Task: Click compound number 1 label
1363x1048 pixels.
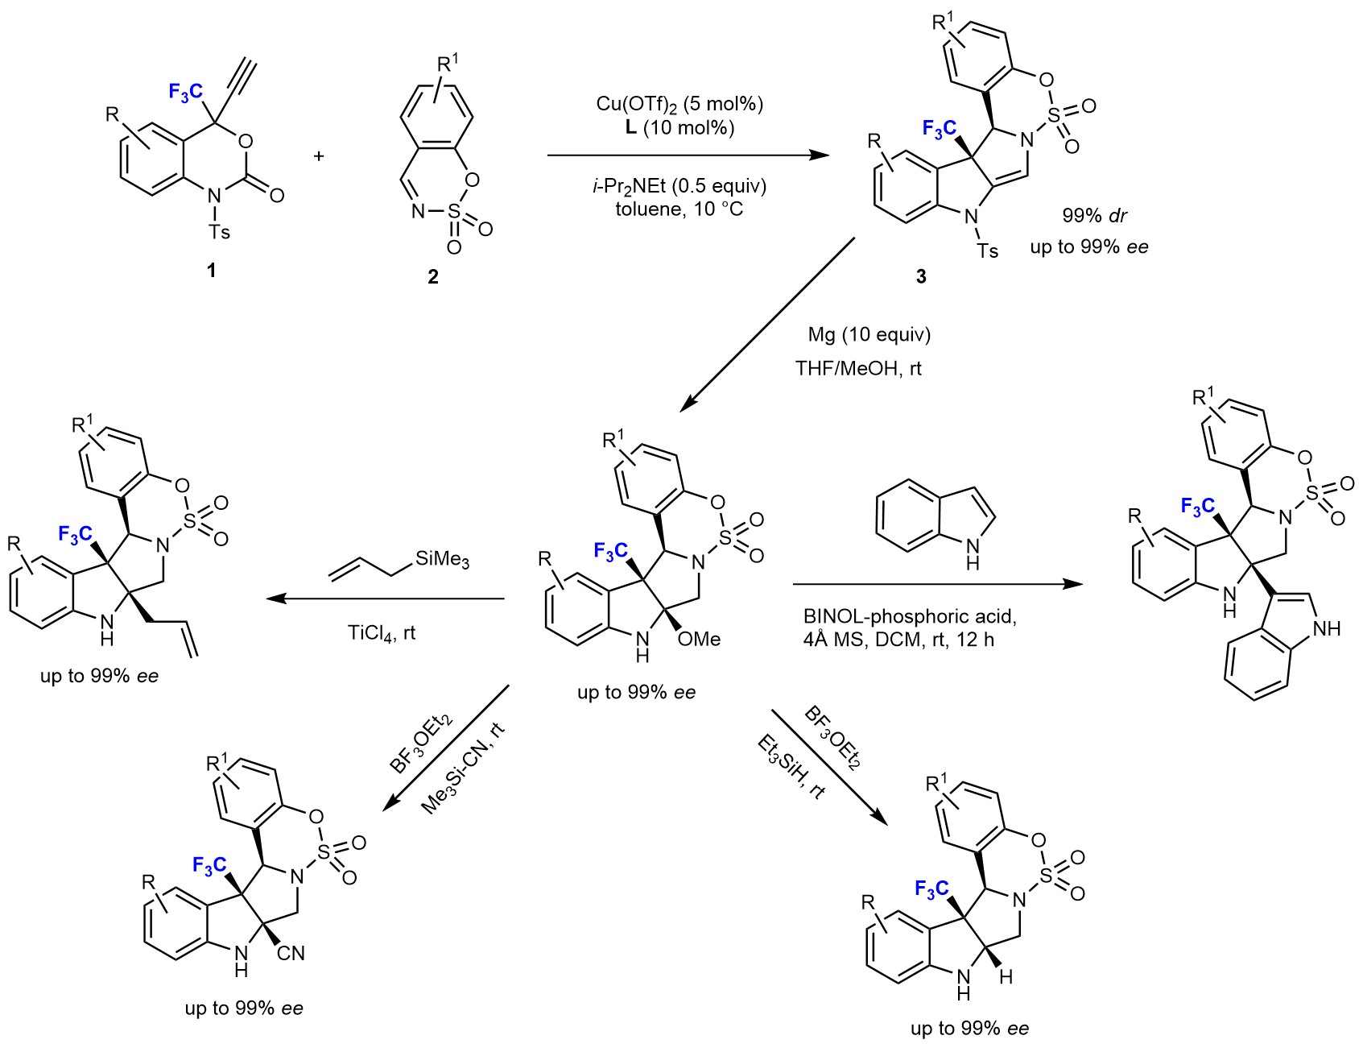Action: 212,270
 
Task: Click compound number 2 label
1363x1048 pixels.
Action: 433,277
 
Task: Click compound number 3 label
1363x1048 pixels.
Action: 921,276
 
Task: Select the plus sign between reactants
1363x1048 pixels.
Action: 320,155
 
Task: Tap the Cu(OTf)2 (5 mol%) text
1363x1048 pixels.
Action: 679,104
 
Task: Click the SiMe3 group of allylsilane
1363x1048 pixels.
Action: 442,560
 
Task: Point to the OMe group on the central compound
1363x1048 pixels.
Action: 700,639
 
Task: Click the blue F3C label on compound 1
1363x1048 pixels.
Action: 187,92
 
